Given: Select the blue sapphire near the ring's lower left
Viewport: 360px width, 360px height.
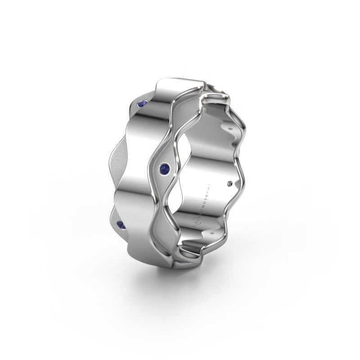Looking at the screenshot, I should (120, 224).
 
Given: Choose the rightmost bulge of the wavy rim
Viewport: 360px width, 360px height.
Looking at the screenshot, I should (246, 180).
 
